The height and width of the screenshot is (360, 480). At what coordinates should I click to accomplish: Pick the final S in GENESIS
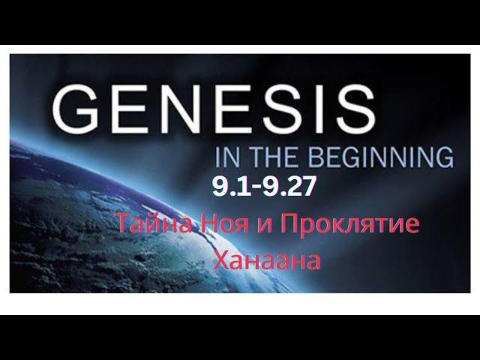(x=355, y=109)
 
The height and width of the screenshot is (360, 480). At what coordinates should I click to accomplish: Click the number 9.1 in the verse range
(x=232, y=187)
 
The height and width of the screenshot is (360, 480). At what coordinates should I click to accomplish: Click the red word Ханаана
(x=267, y=260)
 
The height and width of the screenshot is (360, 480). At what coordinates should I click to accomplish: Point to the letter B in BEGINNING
(x=313, y=157)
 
